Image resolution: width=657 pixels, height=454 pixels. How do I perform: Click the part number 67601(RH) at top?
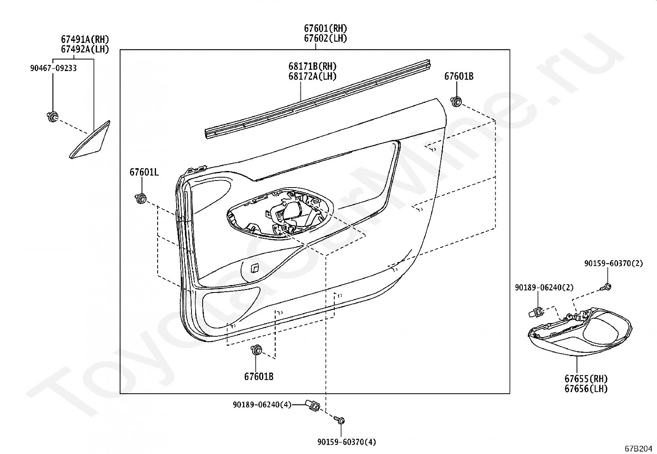click(x=325, y=29)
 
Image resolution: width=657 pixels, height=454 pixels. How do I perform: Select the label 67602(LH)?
click(x=325, y=38)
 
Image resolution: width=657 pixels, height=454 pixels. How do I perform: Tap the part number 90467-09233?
click(x=53, y=68)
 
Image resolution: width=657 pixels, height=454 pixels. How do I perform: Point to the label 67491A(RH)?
click(x=85, y=40)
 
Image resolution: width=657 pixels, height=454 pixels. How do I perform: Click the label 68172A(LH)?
click(x=312, y=76)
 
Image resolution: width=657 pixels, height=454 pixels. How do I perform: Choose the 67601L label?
click(x=144, y=172)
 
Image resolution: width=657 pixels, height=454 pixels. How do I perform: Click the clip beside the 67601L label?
click(x=141, y=199)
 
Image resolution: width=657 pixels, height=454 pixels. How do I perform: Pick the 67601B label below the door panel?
click(x=258, y=376)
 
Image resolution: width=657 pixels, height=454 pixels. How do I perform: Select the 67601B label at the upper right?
click(x=458, y=76)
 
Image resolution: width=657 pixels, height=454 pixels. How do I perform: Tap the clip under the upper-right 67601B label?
click(x=456, y=101)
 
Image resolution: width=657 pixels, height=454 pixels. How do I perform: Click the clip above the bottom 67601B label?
click(x=257, y=351)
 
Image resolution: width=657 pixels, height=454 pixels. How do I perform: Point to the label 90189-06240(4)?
click(x=262, y=405)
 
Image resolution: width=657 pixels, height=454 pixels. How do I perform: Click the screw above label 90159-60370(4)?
click(x=340, y=421)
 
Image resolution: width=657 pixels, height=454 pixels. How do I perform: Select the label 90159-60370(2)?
click(x=613, y=263)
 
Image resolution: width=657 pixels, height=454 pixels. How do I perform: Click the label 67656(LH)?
click(x=586, y=388)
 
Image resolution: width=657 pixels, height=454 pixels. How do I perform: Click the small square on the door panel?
click(x=255, y=268)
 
